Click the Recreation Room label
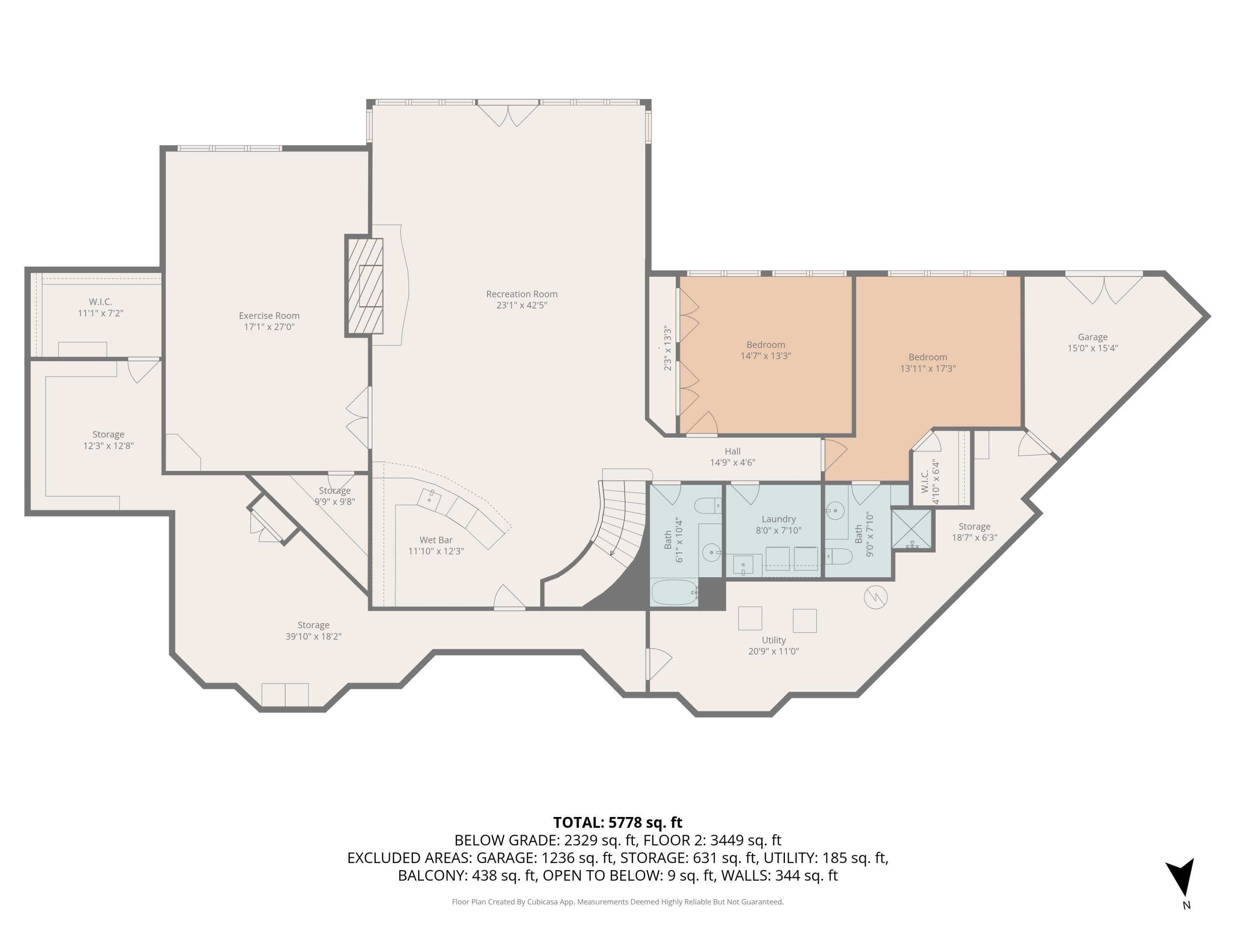click(521, 294)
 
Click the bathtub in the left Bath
click(674, 592)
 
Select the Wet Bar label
click(436, 540)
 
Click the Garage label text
click(1092, 337)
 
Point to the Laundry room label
click(778, 519)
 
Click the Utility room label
click(773, 640)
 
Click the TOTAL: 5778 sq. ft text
click(618, 822)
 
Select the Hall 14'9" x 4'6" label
click(733, 456)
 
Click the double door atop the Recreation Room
click(508, 115)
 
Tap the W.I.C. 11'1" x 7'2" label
click(100, 307)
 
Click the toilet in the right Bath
click(840, 556)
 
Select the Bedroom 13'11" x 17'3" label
click(927, 363)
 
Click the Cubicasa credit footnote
click(618, 902)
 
